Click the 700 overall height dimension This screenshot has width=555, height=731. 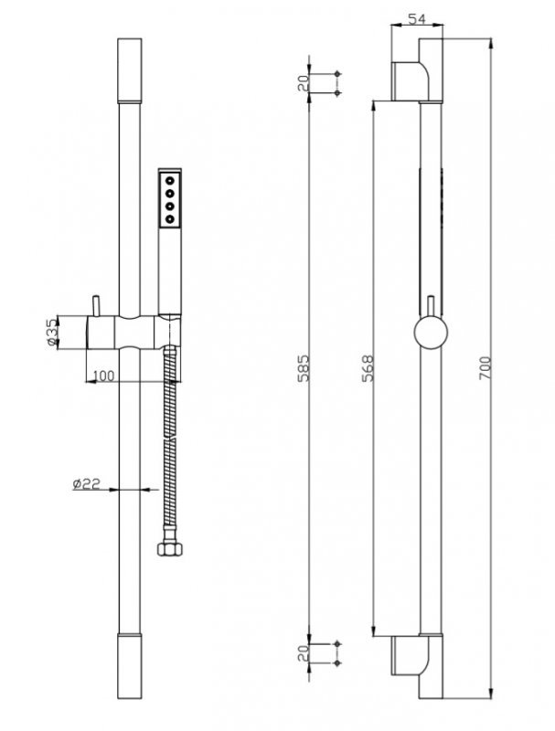tap(485, 368)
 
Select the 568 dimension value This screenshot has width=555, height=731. tap(368, 368)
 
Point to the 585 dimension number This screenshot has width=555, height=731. tap(304, 368)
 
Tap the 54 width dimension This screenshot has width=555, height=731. tap(417, 19)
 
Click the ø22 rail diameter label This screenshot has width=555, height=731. tap(87, 484)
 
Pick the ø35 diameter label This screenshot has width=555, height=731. tap(52, 333)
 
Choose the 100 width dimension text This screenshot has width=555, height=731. tap(103, 376)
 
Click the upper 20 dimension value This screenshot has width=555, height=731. tap(304, 83)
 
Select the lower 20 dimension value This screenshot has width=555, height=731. tap(304, 652)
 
